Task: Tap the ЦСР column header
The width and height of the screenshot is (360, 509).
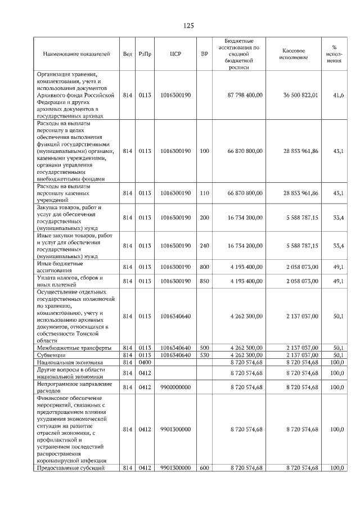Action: (x=175, y=55)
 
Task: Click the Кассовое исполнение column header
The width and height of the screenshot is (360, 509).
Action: (x=293, y=55)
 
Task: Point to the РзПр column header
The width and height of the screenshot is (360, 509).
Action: (x=145, y=55)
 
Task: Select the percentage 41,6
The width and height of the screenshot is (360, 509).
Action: (x=339, y=96)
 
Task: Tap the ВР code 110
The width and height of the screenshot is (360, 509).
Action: (x=204, y=193)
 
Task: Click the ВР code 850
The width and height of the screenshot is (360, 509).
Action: (x=204, y=281)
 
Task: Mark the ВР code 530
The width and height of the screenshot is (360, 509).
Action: (x=204, y=355)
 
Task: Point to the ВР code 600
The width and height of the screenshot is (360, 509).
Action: (x=204, y=468)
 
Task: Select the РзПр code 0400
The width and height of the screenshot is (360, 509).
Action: (x=145, y=363)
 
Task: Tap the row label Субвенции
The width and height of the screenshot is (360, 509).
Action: (x=51, y=355)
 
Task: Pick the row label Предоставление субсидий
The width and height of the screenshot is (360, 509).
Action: (x=74, y=468)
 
